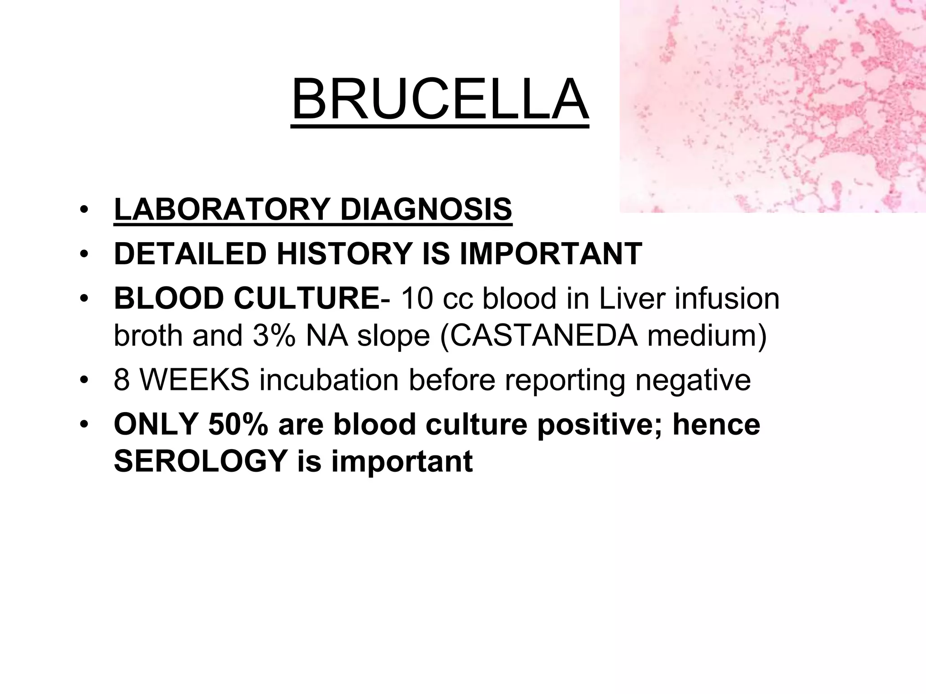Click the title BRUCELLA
tap(440, 99)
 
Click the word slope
tap(393, 337)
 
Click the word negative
tap(693, 381)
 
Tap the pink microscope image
tap(772, 106)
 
